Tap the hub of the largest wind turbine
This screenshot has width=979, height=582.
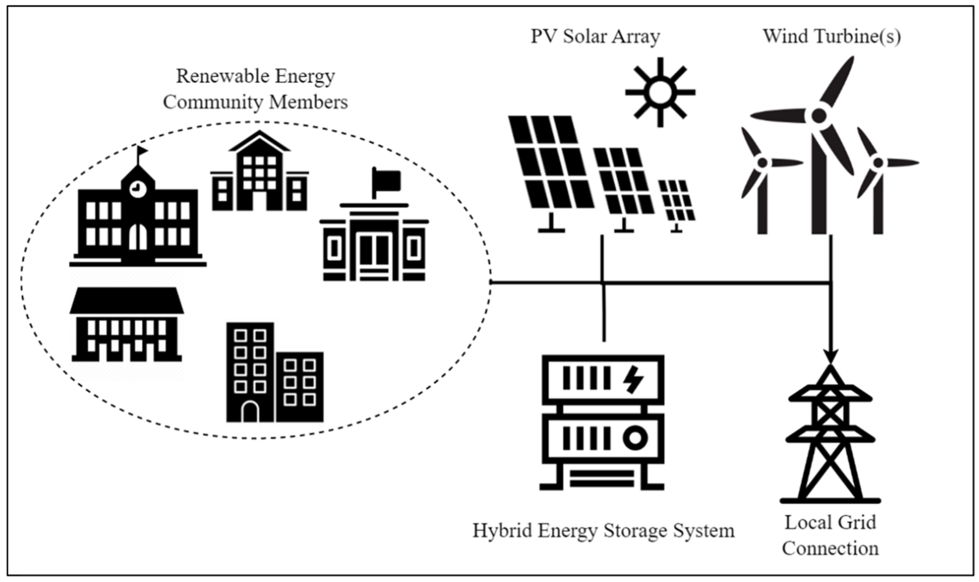[x=819, y=116]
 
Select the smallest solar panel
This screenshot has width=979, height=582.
[x=676, y=201]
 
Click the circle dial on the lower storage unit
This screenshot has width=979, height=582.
[x=635, y=438]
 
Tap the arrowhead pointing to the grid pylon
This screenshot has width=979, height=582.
[x=830, y=356]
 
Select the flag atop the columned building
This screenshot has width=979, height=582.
[x=387, y=180]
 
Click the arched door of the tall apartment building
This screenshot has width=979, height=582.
[x=250, y=412]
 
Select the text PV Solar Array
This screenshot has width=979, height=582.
[x=595, y=36]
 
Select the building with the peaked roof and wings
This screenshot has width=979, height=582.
[x=259, y=173]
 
